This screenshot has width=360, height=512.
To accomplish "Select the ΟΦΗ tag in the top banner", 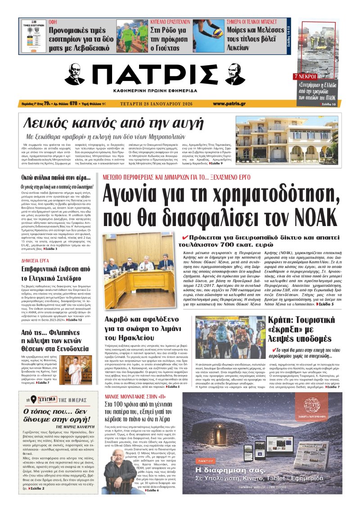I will pyautogui.click(x=53, y=21).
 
